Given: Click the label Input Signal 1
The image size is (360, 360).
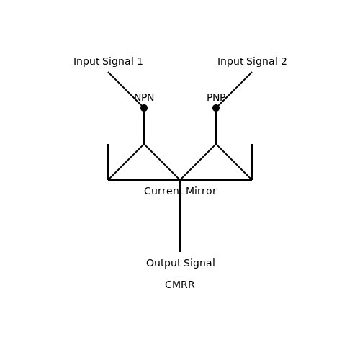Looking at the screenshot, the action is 108,61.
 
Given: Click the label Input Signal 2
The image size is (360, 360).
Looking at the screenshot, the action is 252,61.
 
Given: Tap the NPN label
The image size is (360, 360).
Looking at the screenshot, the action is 144,97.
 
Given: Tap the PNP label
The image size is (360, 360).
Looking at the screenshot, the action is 216,97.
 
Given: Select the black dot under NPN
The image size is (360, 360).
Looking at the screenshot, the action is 144,108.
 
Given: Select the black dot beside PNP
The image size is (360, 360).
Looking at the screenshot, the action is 216,108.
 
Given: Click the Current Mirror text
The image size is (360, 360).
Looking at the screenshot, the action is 180,191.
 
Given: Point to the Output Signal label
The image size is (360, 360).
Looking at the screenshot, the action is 181,263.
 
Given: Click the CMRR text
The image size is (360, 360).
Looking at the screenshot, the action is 180,285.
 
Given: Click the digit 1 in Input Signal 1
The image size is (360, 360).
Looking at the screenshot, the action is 140,61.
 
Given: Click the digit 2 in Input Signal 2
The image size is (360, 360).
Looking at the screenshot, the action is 284,61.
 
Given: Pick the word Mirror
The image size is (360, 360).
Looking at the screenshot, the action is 201,191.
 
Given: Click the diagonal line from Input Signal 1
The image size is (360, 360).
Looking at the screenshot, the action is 126,90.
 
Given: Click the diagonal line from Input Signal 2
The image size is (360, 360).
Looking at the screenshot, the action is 234,90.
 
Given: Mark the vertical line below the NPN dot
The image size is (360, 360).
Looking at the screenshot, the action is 144,126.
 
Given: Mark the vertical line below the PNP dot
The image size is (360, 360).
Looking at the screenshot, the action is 216,126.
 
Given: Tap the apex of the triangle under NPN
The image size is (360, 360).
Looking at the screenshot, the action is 144,144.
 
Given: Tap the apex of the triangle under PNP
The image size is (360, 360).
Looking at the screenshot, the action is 216,144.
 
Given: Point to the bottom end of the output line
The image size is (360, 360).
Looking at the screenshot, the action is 180,252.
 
